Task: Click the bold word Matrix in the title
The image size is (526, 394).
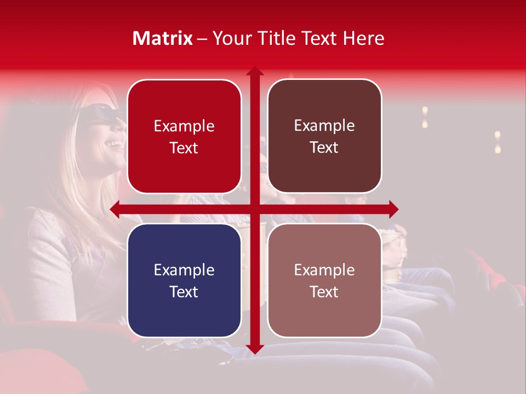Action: (x=163, y=38)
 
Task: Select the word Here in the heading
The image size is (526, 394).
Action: (x=364, y=38)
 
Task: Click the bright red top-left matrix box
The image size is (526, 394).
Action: (x=184, y=137)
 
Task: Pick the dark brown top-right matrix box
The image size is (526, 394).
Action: (x=324, y=136)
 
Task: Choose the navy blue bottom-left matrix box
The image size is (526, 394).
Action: (x=184, y=281)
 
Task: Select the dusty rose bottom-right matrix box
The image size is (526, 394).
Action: (x=324, y=280)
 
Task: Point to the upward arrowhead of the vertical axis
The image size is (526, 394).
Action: (x=255, y=71)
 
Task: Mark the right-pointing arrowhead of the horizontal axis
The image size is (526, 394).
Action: (x=393, y=209)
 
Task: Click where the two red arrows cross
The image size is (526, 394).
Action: (x=255, y=209)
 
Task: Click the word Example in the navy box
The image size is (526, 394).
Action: (x=184, y=270)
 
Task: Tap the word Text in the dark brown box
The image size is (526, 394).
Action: (x=324, y=147)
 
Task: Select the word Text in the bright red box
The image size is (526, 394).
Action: (x=184, y=148)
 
